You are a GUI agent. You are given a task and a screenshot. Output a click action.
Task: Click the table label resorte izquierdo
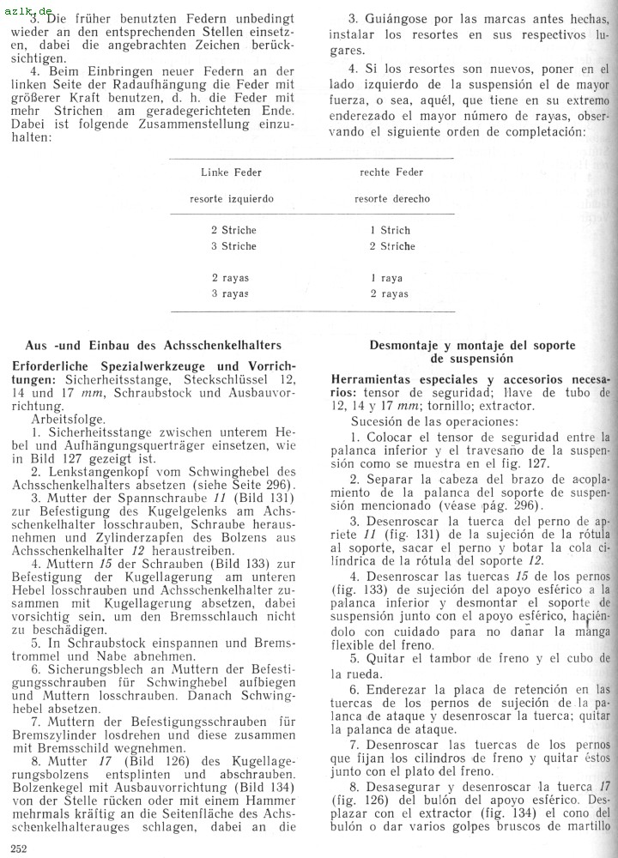pyautogui.click(x=232, y=199)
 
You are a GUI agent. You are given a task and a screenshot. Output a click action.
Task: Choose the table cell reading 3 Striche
pyautogui.click(x=233, y=247)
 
